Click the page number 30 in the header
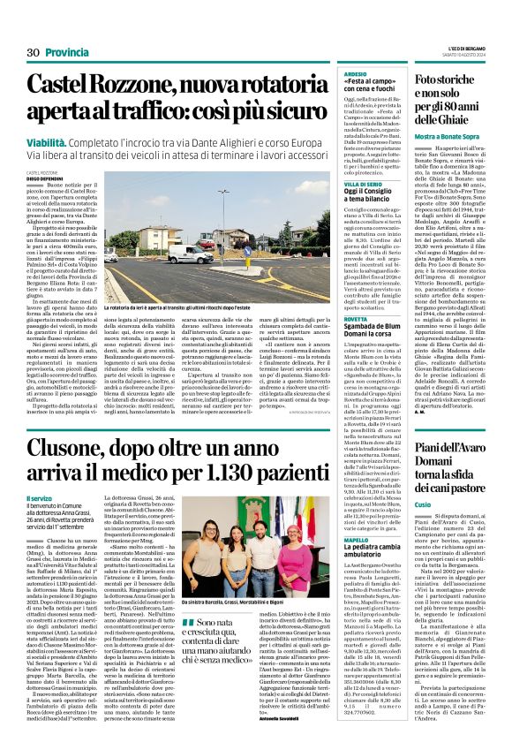click(34, 53)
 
